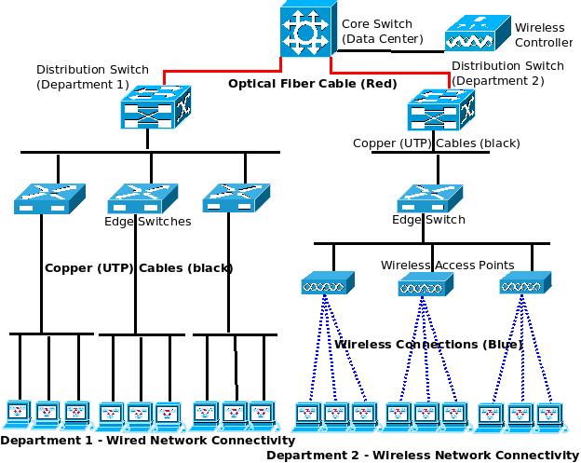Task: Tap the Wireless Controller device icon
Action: pos(477,36)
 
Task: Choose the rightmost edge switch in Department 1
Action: pos(236,197)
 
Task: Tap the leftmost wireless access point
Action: pos(323,284)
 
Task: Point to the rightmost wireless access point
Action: pos(520,283)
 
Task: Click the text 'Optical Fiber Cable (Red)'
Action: pos(313,84)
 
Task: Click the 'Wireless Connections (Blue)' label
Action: pos(428,345)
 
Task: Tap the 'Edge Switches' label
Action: pos(147,222)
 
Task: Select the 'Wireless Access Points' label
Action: pos(447,265)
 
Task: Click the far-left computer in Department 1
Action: pos(19,411)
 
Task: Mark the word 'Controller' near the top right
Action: pos(544,42)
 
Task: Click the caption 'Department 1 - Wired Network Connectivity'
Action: pos(148,440)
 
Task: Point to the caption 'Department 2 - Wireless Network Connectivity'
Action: pos(422,455)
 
